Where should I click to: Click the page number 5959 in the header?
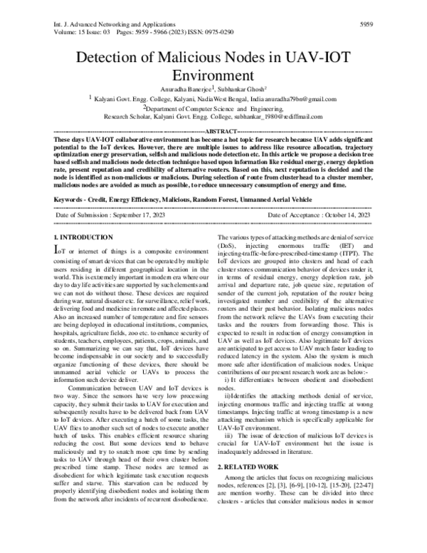coord(365,23)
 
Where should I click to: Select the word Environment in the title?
coord(213,76)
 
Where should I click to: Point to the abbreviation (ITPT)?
coord(359,232)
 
